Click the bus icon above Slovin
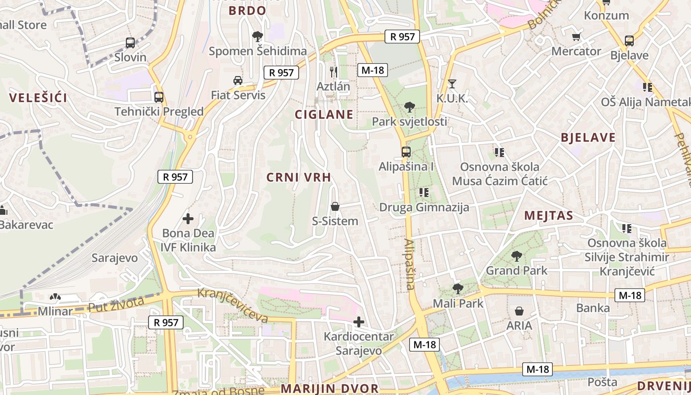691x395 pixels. [x=130, y=43]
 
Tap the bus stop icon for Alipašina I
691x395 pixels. [x=406, y=152]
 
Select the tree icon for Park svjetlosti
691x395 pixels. [x=409, y=107]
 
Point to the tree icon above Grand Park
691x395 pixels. [x=517, y=256]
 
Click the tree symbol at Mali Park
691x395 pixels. [x=458, y=289]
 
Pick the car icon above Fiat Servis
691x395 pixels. [x=238, y=80]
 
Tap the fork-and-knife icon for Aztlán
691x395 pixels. [x=334, y=72]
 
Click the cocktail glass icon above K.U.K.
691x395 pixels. [x=452, y=83]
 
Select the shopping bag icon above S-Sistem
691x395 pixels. [x=335, y=206]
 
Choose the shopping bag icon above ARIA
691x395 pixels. [x=519, y=311]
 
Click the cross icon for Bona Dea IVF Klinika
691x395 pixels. [x=188, y=218]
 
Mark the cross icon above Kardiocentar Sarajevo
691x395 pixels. [x=359, y=322]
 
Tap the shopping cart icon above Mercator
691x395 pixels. [x=576, y=37]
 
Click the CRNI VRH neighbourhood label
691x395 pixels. [x=299, y=178]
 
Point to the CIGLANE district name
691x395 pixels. [x=324, y=115]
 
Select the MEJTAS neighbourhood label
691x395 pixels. [x=549, y=215]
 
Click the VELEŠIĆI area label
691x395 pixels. [x=38, y=98]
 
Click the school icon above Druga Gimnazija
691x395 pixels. [x=424, y=193]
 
